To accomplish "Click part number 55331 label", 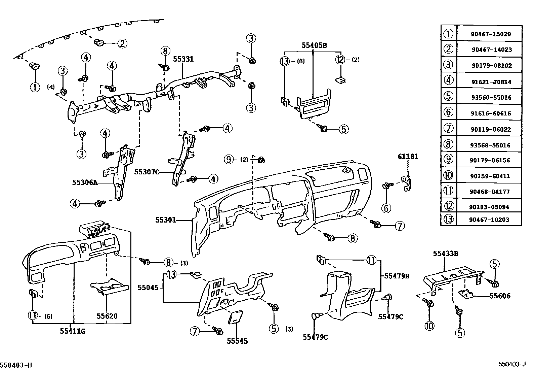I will point(183,59).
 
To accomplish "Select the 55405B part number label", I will point(314,45).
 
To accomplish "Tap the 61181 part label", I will point(408,157).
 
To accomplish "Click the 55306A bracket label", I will point(85,183).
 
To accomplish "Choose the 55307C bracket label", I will point(147,172).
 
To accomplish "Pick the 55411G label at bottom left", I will point(73,331).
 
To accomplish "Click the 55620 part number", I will point(107,316).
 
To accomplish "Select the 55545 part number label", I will point(237,341).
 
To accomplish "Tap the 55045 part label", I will point(147,288).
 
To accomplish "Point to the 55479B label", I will point(397,276).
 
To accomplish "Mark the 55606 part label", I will point(500,296).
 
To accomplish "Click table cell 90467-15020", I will point(491,34).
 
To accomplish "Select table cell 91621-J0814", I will point(491,82).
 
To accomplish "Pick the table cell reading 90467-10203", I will point(491,220).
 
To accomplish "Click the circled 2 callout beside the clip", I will point(122,43).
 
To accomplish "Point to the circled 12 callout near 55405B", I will point(340,60).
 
